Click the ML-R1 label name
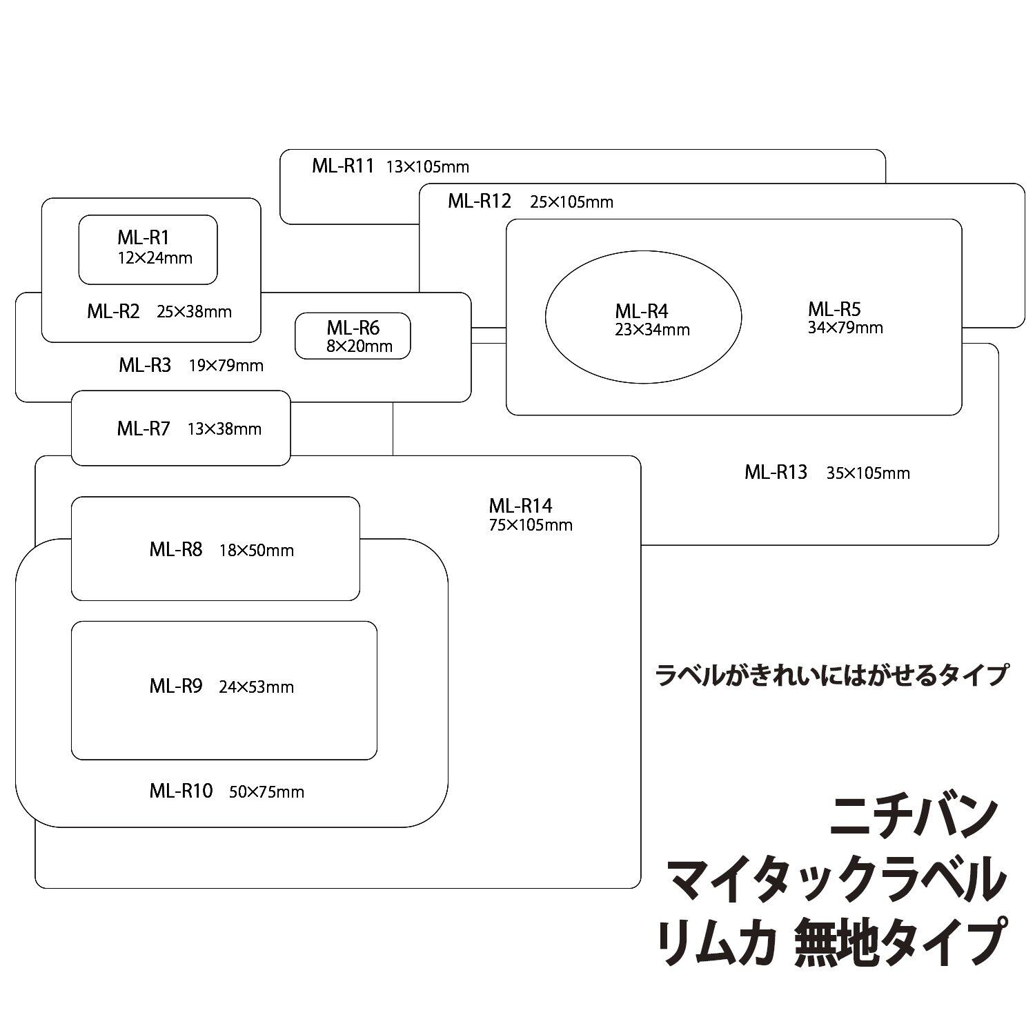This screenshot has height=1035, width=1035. coord(143,238)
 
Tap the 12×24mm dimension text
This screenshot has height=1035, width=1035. coord(155,258)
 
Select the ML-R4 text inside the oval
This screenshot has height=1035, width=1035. coord(642,311)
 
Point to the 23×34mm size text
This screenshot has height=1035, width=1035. coord(653,330)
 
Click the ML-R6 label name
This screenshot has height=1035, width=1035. coord(353,327)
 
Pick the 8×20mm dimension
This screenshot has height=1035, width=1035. coord(359,346)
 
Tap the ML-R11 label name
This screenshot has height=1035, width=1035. coord(343,166)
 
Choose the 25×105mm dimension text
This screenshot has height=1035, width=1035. coord(571,202)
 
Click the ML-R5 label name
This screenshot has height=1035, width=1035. coord(834,308)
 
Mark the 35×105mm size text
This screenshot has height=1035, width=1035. coord(868,473)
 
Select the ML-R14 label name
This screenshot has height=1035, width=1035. coord(521,506)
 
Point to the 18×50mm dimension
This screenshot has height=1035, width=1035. coord(257,551)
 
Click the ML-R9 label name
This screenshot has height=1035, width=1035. coord(176,687)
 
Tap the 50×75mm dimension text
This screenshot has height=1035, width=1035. coord(266,792)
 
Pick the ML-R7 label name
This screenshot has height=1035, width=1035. coord(144,428)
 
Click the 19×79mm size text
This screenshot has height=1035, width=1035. coord(226,366)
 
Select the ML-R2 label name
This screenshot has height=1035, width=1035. coord(113,311)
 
